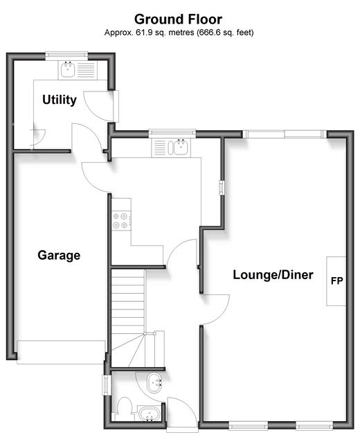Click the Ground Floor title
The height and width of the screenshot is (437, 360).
(178, 19)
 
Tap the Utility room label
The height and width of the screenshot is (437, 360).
(60, 100)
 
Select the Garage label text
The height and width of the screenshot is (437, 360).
(59, 256)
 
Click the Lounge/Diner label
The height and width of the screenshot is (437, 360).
(273, 275)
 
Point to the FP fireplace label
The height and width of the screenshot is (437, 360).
(337, 280)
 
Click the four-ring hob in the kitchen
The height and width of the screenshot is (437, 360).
(120, 220)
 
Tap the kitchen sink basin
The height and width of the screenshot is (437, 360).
(181, 147)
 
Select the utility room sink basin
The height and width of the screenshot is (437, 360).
(68, 69)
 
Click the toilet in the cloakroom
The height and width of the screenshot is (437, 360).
(125, 409)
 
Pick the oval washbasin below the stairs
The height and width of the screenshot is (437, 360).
(154, 383)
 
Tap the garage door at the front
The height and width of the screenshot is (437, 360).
(61, 352)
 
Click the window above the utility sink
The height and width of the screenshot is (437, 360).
(66, 55)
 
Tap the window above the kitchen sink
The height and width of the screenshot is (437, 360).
(172, 134)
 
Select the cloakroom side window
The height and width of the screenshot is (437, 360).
(107, 385)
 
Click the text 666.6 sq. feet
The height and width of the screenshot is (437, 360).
(225, 33)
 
